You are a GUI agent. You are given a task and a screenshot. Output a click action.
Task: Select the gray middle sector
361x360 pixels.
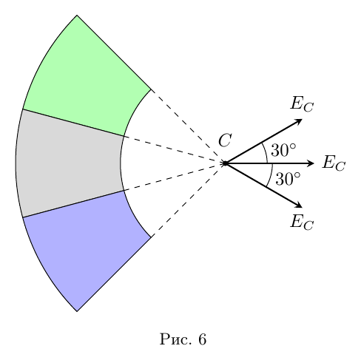click(69, 163)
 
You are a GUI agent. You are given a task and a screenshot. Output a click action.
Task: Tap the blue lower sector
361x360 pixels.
click(84, 249)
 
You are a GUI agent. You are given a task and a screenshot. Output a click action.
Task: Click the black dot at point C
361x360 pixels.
click(225, 163)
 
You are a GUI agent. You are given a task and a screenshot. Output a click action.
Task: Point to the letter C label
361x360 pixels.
click(225, 140)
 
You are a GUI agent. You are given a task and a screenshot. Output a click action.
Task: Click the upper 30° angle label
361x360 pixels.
click(283, 150)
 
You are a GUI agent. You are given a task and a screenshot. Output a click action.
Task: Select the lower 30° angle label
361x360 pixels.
click(288, 179)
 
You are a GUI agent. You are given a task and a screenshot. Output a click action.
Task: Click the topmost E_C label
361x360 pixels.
click(302, 104)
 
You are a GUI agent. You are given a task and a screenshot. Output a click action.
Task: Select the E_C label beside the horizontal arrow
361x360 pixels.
click(334, 163)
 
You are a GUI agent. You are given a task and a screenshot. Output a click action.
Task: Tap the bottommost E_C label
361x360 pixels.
click(302, 222)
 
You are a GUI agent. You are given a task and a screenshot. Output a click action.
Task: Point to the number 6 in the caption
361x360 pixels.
click(202, 339)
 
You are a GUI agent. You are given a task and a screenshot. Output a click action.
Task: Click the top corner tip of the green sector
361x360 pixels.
click(77, 16)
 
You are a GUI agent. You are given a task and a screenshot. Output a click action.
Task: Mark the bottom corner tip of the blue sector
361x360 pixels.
click(77, 311)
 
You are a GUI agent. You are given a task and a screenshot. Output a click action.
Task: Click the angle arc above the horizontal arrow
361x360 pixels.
click(266, 152)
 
